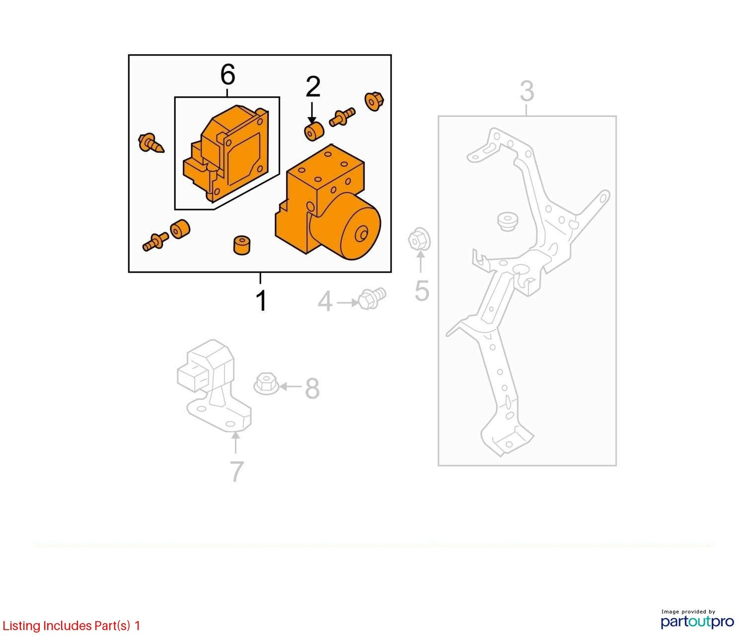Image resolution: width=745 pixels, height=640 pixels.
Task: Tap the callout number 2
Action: (313, 87)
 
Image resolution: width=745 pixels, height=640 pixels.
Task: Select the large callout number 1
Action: (261, 300)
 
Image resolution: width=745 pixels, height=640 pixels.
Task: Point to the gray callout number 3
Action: (526, 91)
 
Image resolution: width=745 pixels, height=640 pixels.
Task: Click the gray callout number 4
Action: (325, 301)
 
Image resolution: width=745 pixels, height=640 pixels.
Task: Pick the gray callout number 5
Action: (422, 290)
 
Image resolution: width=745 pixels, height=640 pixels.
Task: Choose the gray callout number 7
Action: (236, 471)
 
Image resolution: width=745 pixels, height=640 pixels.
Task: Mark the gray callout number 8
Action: (312, 388)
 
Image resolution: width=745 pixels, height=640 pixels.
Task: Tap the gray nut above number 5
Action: (419, 238)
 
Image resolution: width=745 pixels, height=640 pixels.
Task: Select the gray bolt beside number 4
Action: (372, 298)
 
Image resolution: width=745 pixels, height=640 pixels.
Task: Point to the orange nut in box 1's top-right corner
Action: (374, 101)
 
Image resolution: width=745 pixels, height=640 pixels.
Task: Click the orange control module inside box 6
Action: (226, 153)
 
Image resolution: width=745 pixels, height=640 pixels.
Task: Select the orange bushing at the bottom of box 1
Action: (242, 245)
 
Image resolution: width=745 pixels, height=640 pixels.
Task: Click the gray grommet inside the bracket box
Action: (508, 221)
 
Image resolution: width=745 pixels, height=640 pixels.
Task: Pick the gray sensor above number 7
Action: (214, 385)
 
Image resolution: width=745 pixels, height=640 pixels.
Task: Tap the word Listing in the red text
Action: (22, 626)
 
